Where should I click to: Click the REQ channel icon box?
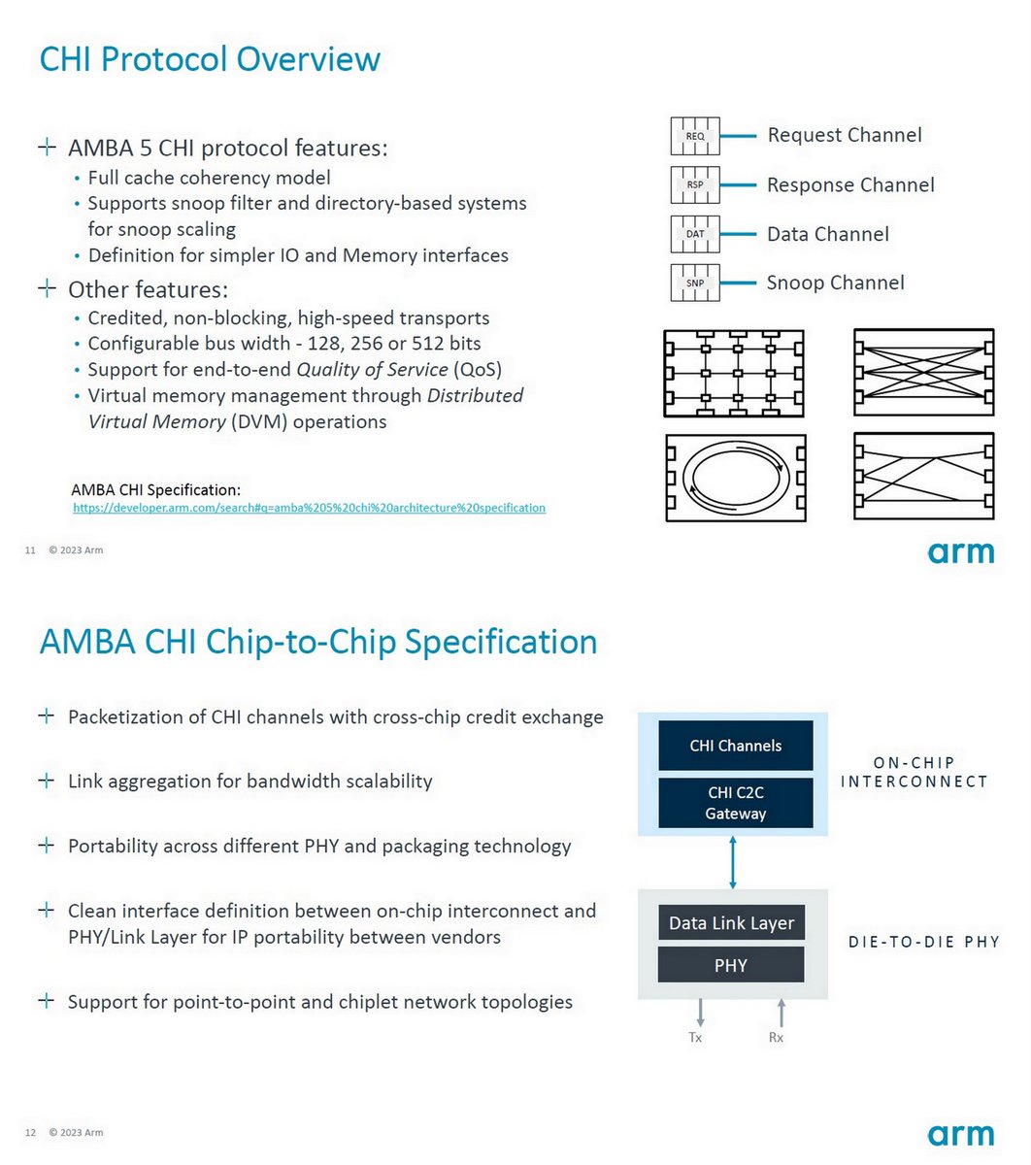(695, 136)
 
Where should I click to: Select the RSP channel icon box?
(695, 184)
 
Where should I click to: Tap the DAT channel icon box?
(695, 234)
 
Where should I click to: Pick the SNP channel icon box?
(695, 283)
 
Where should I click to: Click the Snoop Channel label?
(835, 283)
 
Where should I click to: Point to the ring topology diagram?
(735, 478)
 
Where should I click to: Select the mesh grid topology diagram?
(735, 374)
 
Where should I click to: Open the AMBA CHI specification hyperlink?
(309, 508)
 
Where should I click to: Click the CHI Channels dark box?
(735, 746)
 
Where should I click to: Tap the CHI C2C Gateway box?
(735, 803)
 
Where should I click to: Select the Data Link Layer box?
(731, 923)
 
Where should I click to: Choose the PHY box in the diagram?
(731, 965)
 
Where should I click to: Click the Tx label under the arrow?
(695, 1038)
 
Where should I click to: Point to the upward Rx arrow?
(781, 1013)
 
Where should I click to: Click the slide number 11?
(30, 550)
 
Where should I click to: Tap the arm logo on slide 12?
(960, 1135)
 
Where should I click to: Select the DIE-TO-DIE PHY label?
(923, 942)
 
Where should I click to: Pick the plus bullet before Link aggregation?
(46, 781)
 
